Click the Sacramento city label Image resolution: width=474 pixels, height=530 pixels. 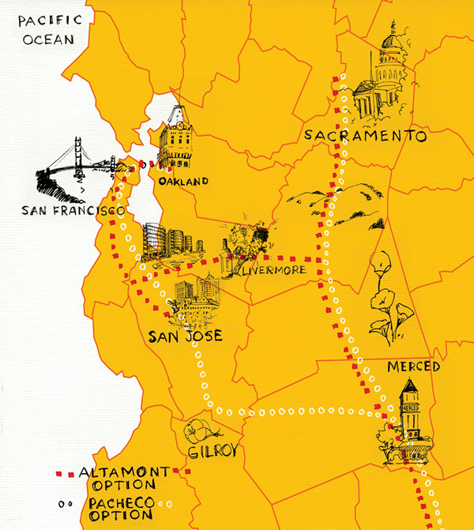(x=365, y=137)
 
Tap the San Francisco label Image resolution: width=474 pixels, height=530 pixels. (x=73, y=212)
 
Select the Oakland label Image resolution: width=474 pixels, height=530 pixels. (x=182, y=182)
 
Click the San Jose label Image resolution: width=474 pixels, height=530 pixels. (x=185, y=336)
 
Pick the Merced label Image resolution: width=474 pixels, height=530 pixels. (x=413, y=367)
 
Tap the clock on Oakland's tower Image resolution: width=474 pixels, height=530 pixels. (x=179, y=125)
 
